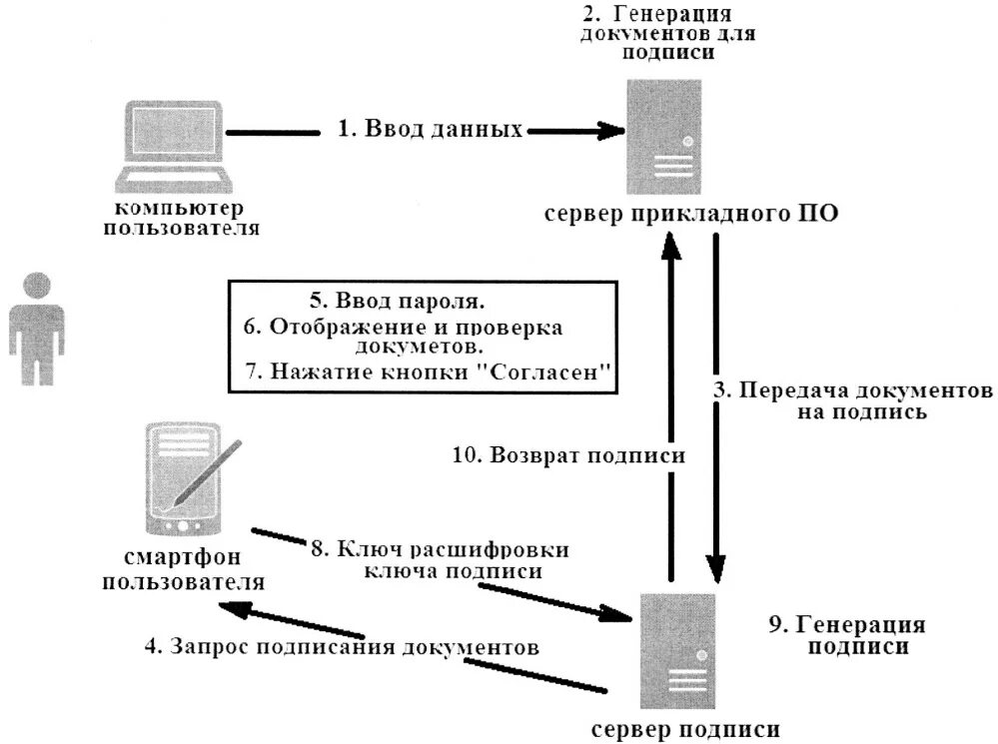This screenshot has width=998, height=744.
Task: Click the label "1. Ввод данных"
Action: tap(430, 129)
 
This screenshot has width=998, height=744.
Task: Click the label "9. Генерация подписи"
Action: tap(846, 635)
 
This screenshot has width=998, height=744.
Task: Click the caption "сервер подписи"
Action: tap(685, 729)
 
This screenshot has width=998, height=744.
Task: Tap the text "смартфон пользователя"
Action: tap(184, 569)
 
